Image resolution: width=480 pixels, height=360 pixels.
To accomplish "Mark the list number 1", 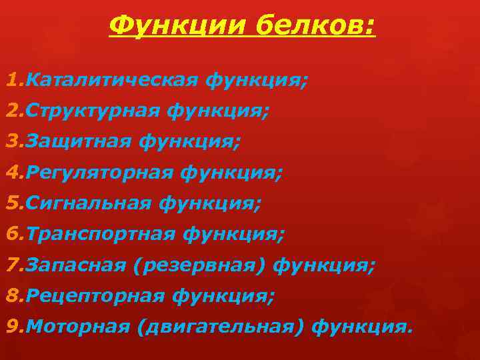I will pyautogui.click(x=11, y=81).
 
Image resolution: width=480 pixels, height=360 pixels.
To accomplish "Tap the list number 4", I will pyautogui.click(x=11, y=173).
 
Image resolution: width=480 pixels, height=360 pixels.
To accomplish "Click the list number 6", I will pyautogui.click(x=11, y=234).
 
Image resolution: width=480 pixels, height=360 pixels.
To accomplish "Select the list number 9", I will pyautogui.click(x=11, y=327).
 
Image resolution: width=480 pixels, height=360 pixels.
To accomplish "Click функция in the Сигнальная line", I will pyautogui.click(x=210, y=203).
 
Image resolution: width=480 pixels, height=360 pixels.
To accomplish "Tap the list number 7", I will pyautogui.click(x=11, y=265).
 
